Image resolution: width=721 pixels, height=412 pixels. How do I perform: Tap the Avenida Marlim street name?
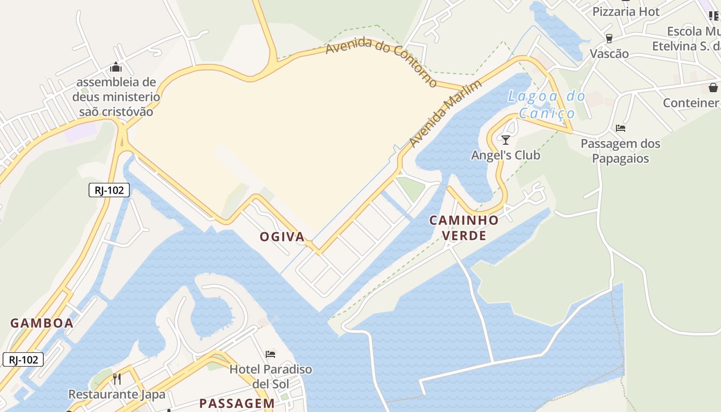click(x=445, y=114)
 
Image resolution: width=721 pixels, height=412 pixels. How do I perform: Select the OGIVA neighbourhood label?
click(x=282, y=237)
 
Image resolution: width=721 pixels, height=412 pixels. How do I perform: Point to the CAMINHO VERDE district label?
click(x=464, y=228)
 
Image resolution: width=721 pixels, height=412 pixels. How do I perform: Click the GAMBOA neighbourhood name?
click(x=42, y=323)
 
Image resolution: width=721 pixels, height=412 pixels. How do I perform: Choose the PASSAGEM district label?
click(x=237, y=403)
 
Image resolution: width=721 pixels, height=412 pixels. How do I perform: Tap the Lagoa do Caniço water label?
click(x=546, y=105)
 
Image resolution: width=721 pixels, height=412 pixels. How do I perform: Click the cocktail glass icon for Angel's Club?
click(x=505, y=140)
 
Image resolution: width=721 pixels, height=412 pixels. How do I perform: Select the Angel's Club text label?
click(x=506, y=155)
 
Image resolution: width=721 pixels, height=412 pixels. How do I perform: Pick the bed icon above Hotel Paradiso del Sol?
click(x=270, y=354)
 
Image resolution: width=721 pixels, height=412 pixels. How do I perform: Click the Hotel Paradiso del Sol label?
click(x=271, y=376)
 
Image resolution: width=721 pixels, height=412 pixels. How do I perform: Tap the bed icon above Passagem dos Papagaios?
click(x=621, y=128)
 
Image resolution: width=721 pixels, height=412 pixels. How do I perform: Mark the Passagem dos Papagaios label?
click(x=621, y=151)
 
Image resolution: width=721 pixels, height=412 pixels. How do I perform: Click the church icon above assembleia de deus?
click(x=116, y=67)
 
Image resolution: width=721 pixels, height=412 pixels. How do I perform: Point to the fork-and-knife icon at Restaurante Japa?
click(x=117, y=380)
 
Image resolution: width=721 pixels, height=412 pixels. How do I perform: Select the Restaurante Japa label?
click(x=117, y=394)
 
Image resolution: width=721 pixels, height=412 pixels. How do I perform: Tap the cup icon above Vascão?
click(x=609, y=39)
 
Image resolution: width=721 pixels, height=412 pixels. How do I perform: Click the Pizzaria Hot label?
click(x=626, y=11)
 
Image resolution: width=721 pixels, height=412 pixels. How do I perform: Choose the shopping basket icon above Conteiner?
click(x=713, y=88)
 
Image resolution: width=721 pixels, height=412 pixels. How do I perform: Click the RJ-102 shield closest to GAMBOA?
click(x=23, y=359)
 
